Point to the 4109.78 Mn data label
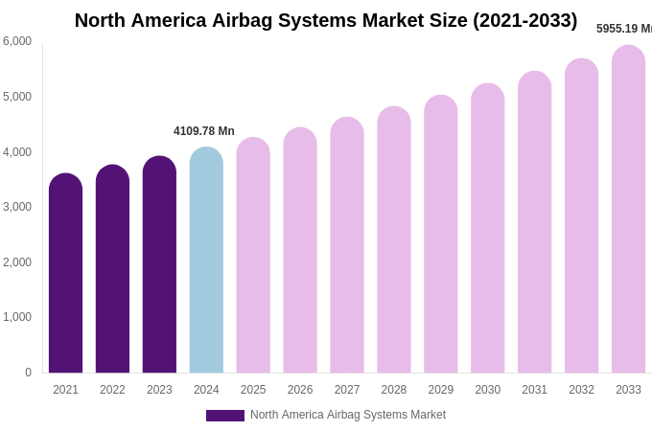click(x=203, y=131)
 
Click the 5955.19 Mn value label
click(x=623, y=29)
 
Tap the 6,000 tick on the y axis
click(x=17, y=41)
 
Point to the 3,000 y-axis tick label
click(x=17, y=207)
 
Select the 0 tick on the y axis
click(x=28, y=373)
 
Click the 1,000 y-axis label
click(x=17, y=317)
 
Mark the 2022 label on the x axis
click(x=112, y=390)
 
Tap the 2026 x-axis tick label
click(x=300, y=390)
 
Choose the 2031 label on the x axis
click(x=534, y=390)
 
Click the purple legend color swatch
click(x=224, y=416)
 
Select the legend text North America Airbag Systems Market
click(x=348, y=415)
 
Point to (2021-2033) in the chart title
click(x=525, y=20)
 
